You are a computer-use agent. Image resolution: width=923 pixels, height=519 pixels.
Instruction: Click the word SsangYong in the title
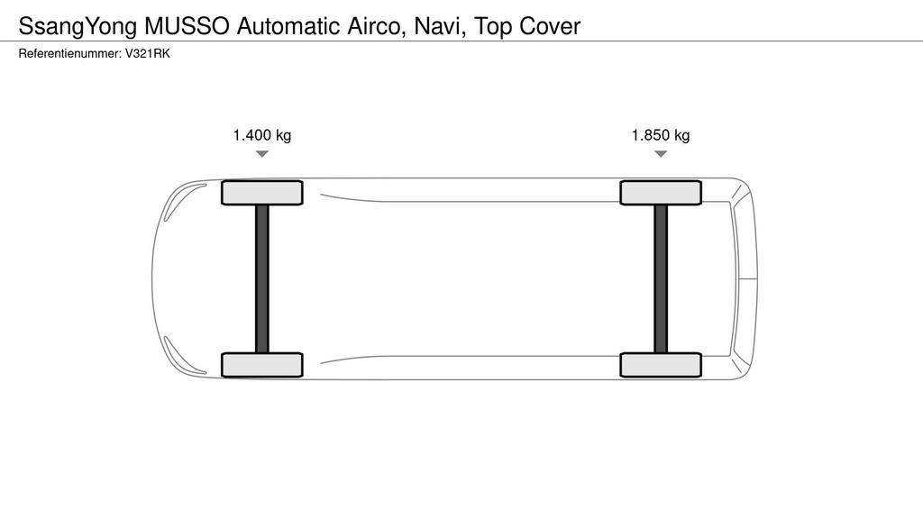point(78,27)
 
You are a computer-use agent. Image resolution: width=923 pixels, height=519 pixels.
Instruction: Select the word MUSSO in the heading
point(187,26)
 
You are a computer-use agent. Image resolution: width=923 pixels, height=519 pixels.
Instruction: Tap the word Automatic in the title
point(288,26)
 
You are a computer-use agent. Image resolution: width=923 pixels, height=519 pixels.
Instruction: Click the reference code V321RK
point(147,53)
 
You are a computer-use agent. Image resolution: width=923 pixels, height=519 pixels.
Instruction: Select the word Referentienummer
point(69,53)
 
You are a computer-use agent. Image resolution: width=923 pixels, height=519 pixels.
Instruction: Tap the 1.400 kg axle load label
point(262,135)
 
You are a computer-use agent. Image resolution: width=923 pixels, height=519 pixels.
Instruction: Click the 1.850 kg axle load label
point(661,135)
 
